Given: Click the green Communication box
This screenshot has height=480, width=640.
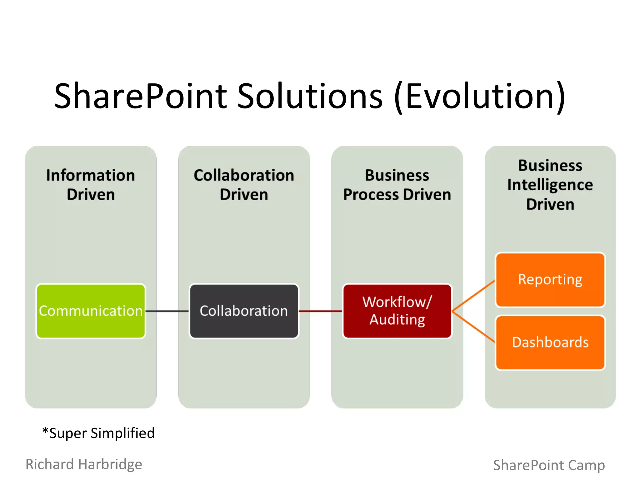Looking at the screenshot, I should point(91,311).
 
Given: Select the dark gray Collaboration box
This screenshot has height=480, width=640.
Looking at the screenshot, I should point(244,311).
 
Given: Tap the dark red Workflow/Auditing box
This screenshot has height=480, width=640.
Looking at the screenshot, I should point(397,311).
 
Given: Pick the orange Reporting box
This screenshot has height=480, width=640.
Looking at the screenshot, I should point(550,280).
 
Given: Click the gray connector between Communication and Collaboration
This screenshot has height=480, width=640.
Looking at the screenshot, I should point(167,311).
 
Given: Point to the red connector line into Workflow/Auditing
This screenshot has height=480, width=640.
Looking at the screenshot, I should point(320,311).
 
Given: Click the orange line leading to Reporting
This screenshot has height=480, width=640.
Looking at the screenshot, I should point(473,295).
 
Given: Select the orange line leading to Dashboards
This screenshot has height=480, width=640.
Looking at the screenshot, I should point(473,327).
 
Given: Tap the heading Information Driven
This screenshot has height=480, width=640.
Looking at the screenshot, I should point(91,185).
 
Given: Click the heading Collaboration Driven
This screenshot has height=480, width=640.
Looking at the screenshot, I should point(244,185).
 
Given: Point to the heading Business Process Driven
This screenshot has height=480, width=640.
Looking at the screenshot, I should point(397,185).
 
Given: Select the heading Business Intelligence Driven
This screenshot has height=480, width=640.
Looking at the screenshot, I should point(550,185).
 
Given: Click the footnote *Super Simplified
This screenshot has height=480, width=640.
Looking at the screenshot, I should point(98,433).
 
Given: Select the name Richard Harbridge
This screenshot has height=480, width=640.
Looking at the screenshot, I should point(84,464).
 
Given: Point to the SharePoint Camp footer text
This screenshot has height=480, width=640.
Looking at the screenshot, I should point(549,465).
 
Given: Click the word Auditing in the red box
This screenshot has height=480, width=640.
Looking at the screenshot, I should point(397,320).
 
